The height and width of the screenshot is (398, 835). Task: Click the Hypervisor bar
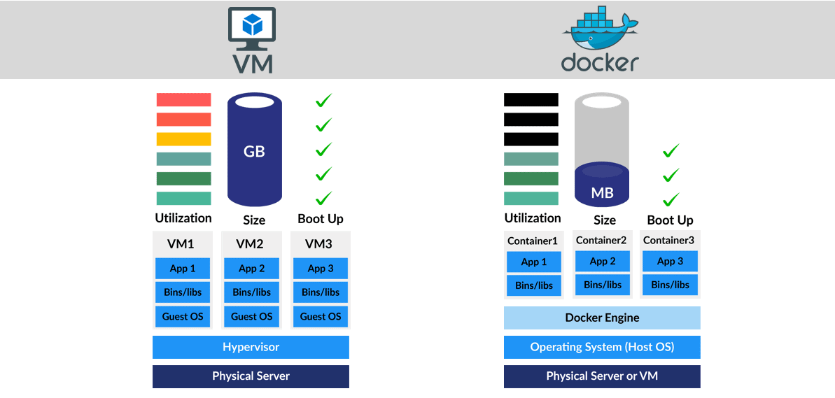251,347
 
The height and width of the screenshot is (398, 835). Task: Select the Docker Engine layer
602,318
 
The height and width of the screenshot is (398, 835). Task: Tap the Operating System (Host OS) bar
602,347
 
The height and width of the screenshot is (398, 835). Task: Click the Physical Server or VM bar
602,376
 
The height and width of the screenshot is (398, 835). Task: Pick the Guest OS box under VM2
251,316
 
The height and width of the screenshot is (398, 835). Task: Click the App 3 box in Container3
670,261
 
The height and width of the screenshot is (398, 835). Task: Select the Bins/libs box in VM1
183,292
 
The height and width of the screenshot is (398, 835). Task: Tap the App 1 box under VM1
183,269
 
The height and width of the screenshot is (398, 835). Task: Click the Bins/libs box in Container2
603,285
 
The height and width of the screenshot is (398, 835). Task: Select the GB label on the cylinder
254,151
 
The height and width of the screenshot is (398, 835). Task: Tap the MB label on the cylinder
602,192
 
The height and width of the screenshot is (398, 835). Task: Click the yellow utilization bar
183,139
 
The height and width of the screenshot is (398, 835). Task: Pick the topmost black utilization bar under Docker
531,99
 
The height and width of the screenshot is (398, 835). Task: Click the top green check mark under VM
323,101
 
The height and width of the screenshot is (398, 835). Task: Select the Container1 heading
533,241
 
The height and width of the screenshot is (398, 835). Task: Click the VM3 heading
320,244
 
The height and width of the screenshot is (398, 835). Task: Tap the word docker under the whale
600,62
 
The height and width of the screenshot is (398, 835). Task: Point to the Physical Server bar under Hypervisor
251,376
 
